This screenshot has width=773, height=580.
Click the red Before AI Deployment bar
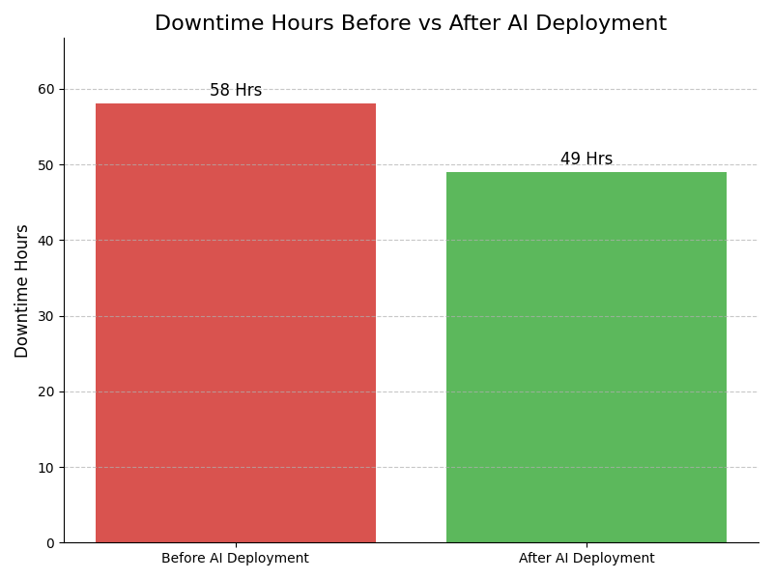[236, 323]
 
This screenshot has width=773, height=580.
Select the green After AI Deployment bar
[587, 358]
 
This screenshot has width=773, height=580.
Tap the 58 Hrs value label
[236, 91]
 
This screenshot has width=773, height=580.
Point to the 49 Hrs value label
[587, 159]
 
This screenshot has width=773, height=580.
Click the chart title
[411, 24]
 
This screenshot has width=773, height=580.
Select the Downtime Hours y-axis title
[22, 291]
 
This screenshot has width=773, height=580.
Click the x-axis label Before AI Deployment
[236, 559]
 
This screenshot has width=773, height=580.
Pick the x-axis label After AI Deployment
[587, 559]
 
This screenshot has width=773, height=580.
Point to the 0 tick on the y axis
[50, 543]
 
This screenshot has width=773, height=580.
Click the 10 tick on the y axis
[46, 468]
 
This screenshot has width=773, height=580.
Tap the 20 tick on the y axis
[46, 391]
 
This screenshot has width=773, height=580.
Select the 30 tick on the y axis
[46, 316]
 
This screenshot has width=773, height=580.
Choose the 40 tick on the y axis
[46, 241]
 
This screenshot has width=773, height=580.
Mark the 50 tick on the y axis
[46, 165]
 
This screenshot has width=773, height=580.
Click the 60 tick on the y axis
[46, 89]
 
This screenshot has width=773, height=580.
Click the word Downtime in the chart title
[200, 24]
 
